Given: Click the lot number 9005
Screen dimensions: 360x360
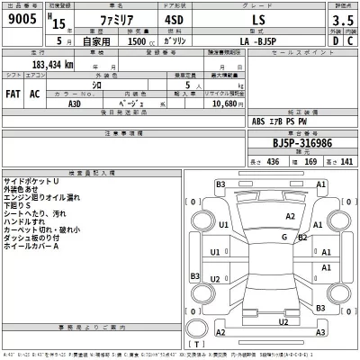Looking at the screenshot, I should [22, 27].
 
